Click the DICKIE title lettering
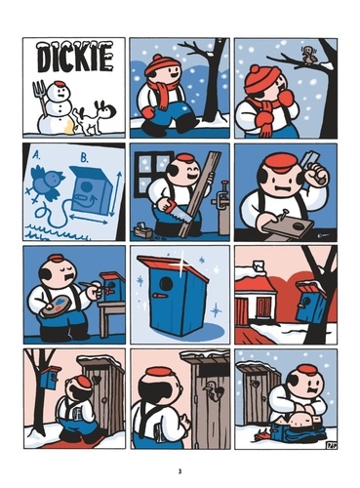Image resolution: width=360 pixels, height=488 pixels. click(75, 58)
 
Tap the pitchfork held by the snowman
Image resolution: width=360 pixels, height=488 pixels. click(40, 101)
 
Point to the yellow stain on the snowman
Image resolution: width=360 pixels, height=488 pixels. click(69, 128)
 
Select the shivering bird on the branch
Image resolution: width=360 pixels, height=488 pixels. click(307, 56)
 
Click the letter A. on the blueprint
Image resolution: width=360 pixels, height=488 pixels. click(37, 155)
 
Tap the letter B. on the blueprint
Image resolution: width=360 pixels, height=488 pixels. click(85, 158)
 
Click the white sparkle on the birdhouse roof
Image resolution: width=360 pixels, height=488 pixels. click(181, 264)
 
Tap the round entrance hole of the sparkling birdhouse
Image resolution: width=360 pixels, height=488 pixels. click(167, 284)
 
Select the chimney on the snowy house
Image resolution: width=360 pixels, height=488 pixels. click(260, 265)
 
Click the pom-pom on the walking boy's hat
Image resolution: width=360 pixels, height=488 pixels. click(158, 58)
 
